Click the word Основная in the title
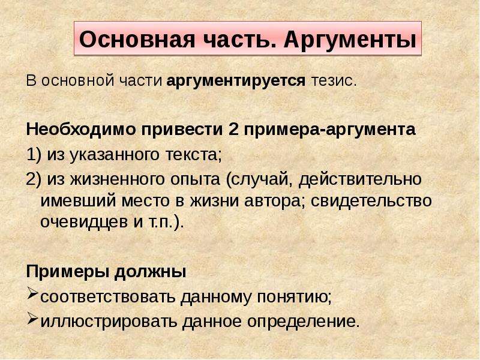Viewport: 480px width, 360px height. coord(137,39)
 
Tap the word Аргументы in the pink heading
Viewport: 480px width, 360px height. coord(350,40)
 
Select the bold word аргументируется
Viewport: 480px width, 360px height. coord(236,81)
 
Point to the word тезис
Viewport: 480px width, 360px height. coord(334,81)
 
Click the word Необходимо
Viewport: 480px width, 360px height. coord(81,129)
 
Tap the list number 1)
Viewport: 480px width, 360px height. coord(34,155)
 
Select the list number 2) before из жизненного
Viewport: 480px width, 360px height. coord(34,179)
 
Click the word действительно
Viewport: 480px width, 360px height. coord(360,179)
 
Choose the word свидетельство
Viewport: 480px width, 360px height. coord(371,201)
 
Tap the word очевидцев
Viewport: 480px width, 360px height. coord(84,222)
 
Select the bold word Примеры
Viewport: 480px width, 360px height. coord(68,272)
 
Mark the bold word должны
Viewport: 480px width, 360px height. coord(151,272)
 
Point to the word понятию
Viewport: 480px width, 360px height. coord(294,297)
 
